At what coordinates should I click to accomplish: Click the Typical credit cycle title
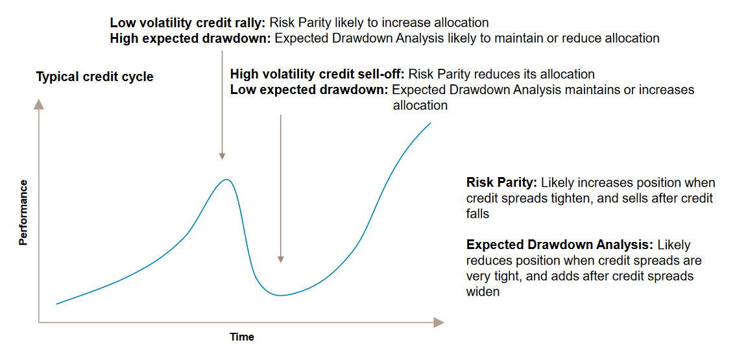point(95,77)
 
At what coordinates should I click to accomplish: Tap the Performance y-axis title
point(23,212)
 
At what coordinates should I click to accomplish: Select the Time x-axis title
point(242,337)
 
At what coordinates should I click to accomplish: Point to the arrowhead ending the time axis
point(439,322)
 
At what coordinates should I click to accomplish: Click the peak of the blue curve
point(227,180)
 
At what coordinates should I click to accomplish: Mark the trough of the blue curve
point(280,295)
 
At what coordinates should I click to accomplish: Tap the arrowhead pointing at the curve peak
point(223,156)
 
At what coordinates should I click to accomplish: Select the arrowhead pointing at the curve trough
point(280,259)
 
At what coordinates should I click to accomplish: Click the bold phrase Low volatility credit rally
point(188,23)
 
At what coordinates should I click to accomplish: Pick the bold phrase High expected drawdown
point(191,38)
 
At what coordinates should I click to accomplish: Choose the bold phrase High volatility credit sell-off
point(317,74)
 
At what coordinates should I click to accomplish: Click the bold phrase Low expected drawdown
point(309,90)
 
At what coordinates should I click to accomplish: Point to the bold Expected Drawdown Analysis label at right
point(560,245)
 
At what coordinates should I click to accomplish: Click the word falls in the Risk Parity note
point(477,214)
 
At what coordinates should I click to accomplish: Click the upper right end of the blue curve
point(430,123)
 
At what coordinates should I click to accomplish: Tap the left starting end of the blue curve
point(56,304)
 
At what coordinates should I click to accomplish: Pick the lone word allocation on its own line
point(420,106)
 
